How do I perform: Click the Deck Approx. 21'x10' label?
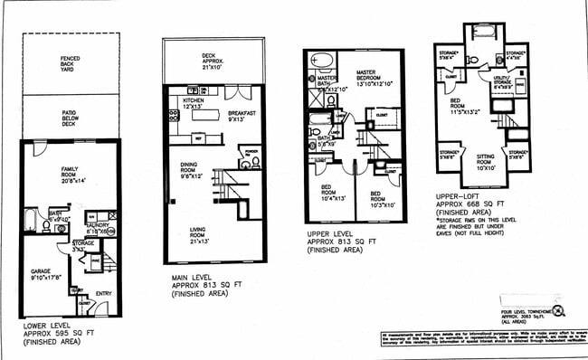[214, 60]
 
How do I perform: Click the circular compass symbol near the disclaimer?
[558, 310]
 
